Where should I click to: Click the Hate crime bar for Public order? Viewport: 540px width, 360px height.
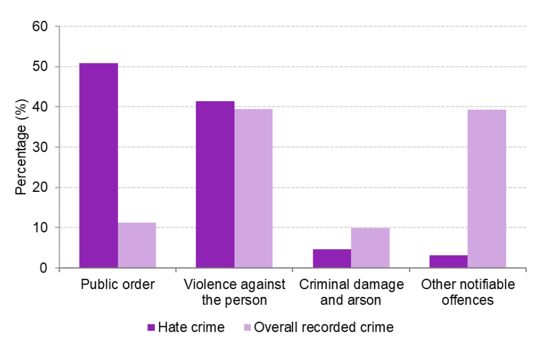(x=98, y=165)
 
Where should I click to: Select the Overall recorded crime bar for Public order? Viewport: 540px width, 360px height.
(x=137, y=245)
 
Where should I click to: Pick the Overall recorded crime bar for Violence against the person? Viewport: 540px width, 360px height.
(x=253, y=188)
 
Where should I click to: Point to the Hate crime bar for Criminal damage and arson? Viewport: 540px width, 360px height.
(x=332, y=258)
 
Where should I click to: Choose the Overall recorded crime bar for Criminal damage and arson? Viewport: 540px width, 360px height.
(x=370, y=247)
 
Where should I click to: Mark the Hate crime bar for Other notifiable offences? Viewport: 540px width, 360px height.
(x=448, y=262)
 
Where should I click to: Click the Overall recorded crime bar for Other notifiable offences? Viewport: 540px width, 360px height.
(x=487, y=188)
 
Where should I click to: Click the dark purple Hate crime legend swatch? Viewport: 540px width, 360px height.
(x=151, y=327)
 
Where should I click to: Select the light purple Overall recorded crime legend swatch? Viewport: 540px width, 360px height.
(x=246, y=327)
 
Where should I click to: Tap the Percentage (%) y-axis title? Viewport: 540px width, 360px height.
(x=21, y=147)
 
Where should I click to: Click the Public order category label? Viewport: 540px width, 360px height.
(x=118, y=285)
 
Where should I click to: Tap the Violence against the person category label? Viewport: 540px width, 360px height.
(x=235, y=292)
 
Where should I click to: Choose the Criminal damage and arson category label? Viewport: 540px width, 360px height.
(x=351, y=292)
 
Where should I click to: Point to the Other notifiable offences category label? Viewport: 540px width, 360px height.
(x=467, y=292)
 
